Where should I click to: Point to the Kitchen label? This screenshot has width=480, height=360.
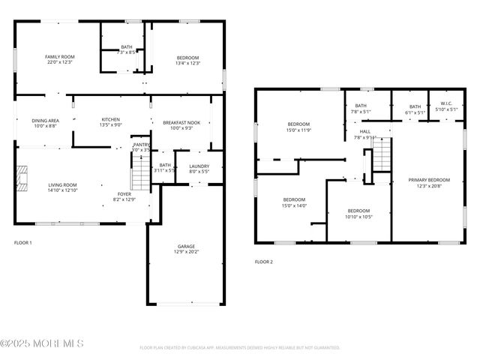[x=111, y=120]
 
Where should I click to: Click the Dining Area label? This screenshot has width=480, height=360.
[x=45, y=121]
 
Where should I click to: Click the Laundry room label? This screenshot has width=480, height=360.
[x=199, y=166]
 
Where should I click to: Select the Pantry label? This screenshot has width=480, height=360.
[x=141, y=145]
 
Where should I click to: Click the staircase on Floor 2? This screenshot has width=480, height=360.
[x=382, y=154]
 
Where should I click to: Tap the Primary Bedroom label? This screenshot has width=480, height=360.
[x=429, y=181]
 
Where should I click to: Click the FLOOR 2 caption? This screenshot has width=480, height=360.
[x=264, y=262]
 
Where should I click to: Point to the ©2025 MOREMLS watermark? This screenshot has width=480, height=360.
[x=42, y=343]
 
